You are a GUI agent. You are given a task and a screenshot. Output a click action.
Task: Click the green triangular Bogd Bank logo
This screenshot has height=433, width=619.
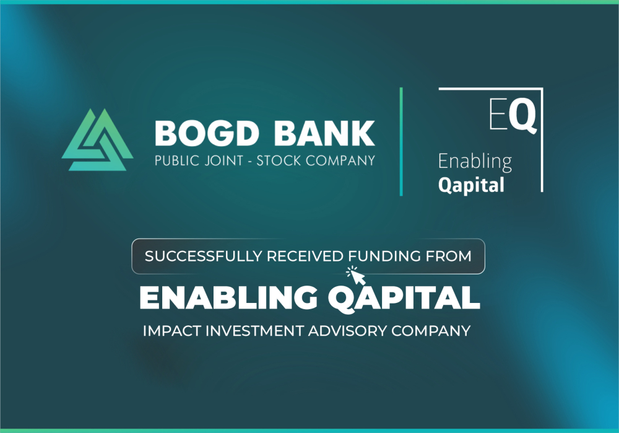(98, 140)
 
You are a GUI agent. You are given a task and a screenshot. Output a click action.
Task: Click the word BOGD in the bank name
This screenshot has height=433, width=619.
(207, 134)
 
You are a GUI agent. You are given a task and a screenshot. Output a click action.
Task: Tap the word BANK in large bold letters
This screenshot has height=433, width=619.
(324, 134)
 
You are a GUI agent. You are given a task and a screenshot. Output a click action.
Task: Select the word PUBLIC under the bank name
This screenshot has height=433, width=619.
(177, 161)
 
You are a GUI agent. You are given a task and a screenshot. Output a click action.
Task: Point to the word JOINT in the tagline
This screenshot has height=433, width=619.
(224, 161)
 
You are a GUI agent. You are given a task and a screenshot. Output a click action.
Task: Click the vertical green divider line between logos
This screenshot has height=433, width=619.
(401, 141)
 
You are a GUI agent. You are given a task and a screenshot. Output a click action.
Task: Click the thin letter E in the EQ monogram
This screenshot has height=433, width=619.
(498, 114)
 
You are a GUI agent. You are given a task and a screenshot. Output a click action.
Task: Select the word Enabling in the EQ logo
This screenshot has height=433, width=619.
(475, 162)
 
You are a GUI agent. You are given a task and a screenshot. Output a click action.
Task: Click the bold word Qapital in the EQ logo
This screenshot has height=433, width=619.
(471, 185)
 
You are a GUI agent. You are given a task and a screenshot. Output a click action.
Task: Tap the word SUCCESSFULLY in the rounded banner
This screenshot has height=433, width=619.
(203, 256)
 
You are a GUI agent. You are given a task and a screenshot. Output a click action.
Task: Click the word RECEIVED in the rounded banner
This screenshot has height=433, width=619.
(305, 256)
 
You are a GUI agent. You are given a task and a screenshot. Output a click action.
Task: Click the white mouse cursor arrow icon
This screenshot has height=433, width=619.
(357, 276)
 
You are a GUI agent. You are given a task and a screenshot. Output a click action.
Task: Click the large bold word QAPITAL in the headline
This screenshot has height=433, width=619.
(404, 299)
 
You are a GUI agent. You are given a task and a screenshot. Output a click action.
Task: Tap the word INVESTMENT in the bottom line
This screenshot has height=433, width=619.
(254, 331)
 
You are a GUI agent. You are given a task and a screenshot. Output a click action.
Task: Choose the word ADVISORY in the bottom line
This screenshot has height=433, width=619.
(347, 331)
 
